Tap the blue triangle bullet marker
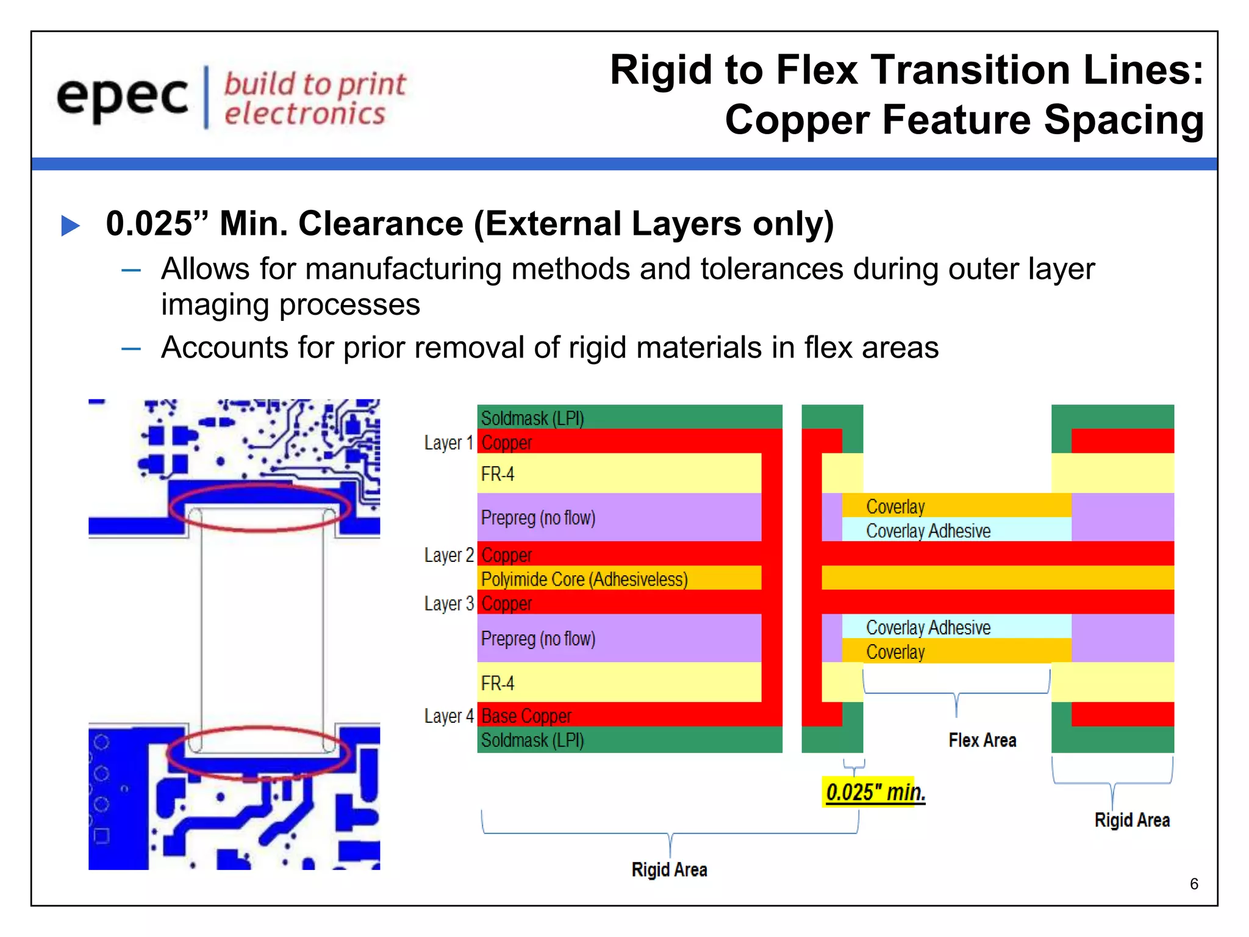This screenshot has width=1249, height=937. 71,225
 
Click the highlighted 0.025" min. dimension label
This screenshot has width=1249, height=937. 875,792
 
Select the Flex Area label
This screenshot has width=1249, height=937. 982,741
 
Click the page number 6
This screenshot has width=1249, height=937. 1194,884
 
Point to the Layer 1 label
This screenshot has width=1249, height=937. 448,443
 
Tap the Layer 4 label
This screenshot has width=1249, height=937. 448,716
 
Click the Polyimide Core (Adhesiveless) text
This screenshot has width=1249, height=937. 584,579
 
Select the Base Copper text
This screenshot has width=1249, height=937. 526,716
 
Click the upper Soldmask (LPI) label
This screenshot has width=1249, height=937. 532,418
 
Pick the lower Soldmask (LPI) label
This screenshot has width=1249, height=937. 532,741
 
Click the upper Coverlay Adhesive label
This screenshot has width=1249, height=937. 928,531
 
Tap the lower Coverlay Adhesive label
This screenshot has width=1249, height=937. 928,627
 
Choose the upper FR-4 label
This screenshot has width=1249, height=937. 498,474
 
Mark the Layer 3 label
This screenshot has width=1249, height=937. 448,603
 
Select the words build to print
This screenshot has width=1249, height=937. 315,84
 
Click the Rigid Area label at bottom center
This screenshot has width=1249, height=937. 669,869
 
